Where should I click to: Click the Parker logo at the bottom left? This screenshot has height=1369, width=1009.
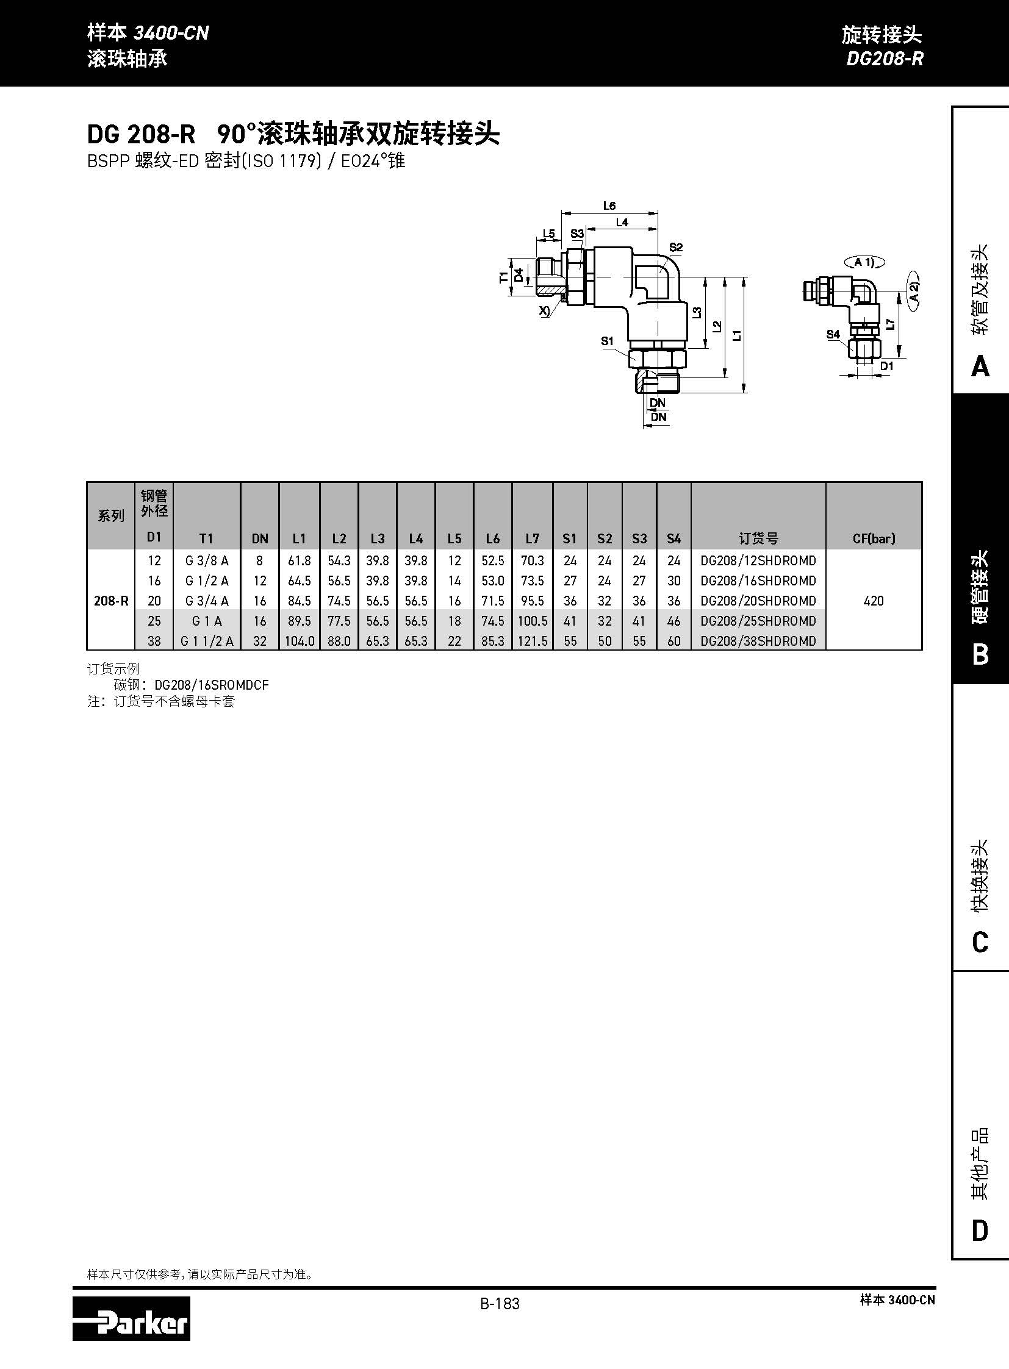[x=131, y=1318]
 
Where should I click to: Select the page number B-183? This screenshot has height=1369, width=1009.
[x=500, y=1303]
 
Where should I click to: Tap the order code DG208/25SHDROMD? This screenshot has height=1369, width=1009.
[x=758, y=620]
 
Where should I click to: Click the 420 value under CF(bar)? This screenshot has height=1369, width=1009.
[x=874, y=600]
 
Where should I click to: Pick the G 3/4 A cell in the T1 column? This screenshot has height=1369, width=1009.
[x=207, y=600]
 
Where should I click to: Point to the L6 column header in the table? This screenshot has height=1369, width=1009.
[x=492, y=538]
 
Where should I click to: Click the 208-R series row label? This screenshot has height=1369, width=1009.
[x=111, y=600]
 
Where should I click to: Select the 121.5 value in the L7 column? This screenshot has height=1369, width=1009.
[x=533, y=640]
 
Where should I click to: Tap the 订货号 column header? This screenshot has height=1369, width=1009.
[x=758, y=538]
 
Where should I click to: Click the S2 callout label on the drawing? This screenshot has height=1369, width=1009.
[x=675, y=248]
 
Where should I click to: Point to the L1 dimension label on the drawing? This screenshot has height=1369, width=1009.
[x=738, y=335]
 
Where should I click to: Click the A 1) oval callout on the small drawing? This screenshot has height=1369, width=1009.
[x=864, y=263]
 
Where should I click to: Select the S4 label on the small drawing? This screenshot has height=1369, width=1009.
[x=833, y=334]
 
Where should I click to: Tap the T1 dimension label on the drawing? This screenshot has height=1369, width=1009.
[x=504, y=277]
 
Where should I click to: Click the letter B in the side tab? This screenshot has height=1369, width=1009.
[x=980, y=654]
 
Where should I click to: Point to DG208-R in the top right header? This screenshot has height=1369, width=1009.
[x=885, y=59]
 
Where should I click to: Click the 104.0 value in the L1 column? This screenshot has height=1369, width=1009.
[x=300, y=640]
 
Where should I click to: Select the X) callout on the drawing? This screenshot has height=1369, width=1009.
[x=544, y=310]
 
